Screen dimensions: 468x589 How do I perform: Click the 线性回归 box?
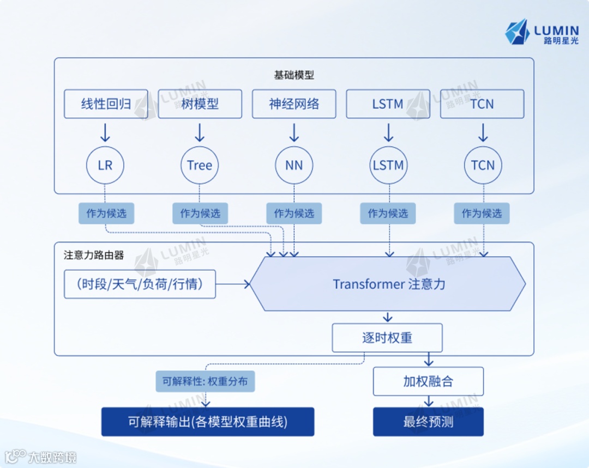[106, 104]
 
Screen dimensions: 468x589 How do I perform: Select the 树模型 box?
[200, 104]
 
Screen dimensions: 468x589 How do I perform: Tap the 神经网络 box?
[294, 104]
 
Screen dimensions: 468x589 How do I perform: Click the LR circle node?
[105, 165]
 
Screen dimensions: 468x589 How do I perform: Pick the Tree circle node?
[200, 165]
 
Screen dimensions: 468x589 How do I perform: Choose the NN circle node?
[294, 165]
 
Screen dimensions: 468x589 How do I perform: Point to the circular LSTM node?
[388, 165]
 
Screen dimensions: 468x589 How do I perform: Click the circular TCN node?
[483, 165]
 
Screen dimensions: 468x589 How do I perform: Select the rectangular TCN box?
[482, 104]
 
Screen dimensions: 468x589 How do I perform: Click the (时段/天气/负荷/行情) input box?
[140, 284]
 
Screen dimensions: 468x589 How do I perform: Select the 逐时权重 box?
[387, 338]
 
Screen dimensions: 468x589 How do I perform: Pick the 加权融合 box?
[428, 381]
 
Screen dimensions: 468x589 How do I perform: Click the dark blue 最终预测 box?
[428, 422]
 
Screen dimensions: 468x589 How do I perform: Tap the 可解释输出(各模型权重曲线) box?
[208, 422]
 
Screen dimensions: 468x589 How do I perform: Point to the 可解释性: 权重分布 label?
[205, 381]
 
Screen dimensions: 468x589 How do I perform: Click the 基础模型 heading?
[294, 75]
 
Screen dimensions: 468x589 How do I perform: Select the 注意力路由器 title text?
[94, 255]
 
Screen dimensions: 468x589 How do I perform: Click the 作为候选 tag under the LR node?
[106, 213]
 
